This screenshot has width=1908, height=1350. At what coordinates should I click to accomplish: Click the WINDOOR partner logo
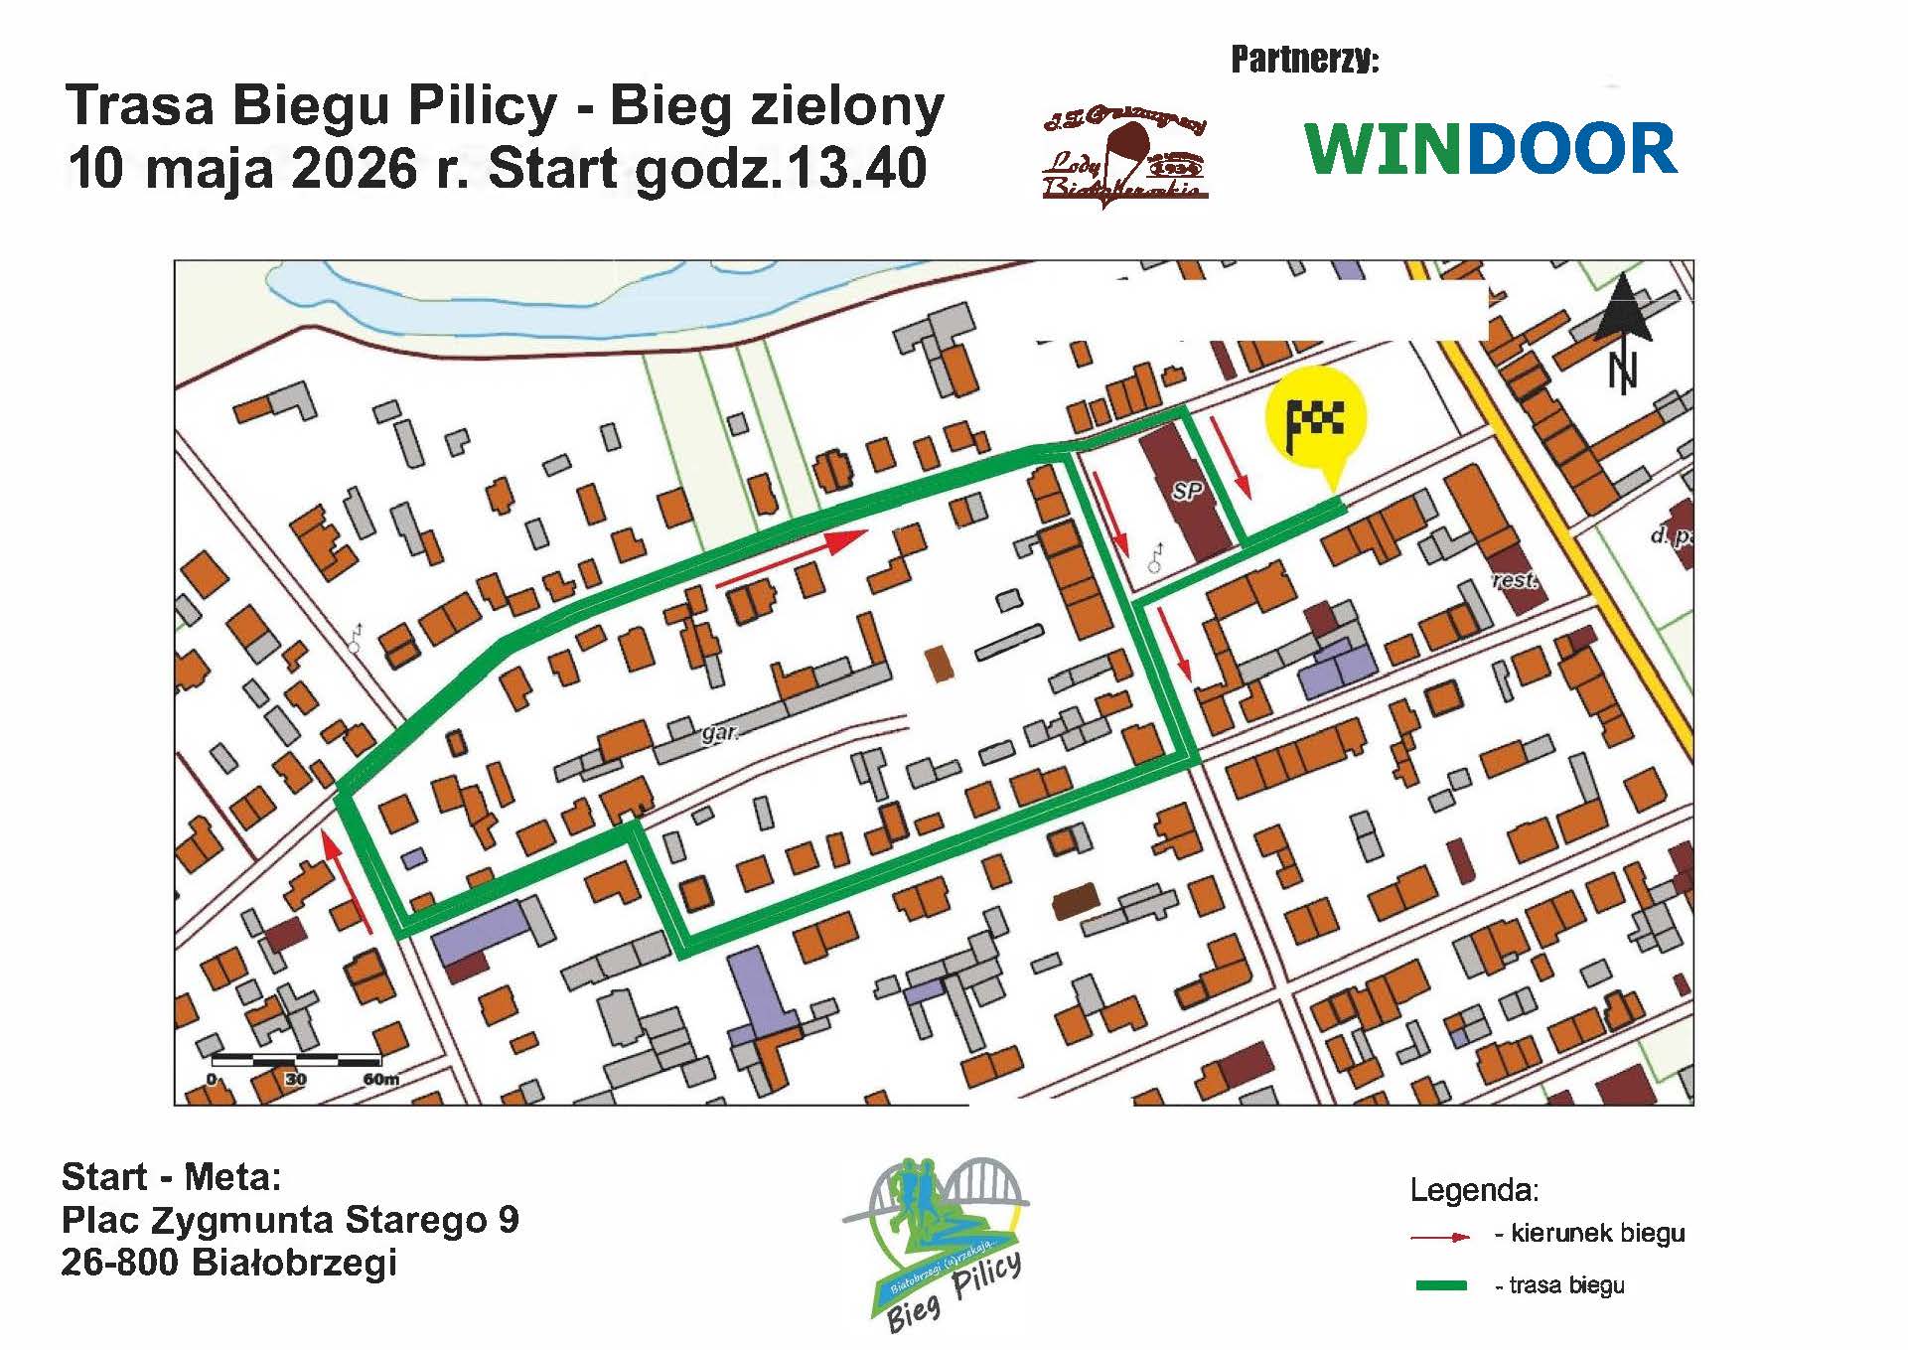1491,150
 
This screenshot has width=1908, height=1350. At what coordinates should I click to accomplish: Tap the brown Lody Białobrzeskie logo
1123,157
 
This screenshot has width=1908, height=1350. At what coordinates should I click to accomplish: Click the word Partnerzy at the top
1304,61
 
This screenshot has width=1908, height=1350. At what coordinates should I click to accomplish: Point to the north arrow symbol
1623,332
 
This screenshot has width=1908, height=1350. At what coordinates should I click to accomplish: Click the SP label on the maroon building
1187,491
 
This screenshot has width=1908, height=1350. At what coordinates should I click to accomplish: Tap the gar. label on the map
720,733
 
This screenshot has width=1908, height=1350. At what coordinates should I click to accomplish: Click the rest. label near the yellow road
1516,579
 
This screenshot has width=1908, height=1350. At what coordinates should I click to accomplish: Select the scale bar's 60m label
381,1079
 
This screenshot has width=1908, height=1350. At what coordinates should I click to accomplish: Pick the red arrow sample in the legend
1440,1237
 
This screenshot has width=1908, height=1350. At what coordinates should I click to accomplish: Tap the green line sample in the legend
1440,1285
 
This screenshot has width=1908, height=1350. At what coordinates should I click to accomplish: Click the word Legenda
1474,1190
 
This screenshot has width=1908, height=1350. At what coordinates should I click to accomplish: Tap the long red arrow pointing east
792,558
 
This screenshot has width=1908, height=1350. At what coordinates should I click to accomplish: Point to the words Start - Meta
172,1177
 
